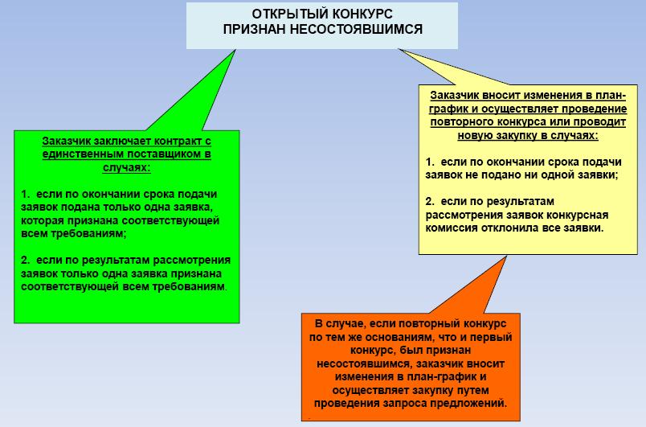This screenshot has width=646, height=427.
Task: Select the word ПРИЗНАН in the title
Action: coord(250,30)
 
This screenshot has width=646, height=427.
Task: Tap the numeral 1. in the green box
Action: coord(26,194)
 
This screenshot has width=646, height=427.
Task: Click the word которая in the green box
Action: coord(40,220)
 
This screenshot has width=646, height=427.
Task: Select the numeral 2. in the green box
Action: coord(26,260)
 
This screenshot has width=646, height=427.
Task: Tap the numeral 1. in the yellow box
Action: coord(430,162)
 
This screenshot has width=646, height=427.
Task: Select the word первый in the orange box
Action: coord(491,337)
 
